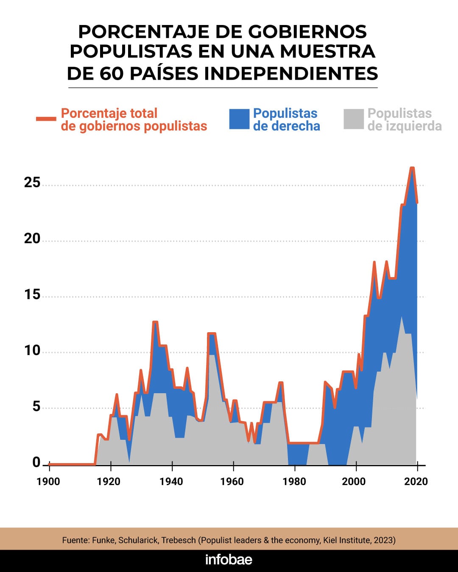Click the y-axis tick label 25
[x=32, y=183]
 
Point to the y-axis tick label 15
[x=32, y=294]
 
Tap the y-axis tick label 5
[x=36, y=406]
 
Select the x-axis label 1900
[x=48, y=481]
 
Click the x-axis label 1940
[x=171, y=481]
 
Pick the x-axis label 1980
[x=294, y=481]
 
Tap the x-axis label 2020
[x=416, y=481]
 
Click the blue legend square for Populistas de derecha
[x=239, y=119]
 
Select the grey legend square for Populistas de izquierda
[x=354, y=119]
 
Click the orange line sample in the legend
[x=46, y=119]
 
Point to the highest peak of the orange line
[x=412, y=168]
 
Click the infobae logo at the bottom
[x=229, y=560]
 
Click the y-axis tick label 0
[x=36, y=462]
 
